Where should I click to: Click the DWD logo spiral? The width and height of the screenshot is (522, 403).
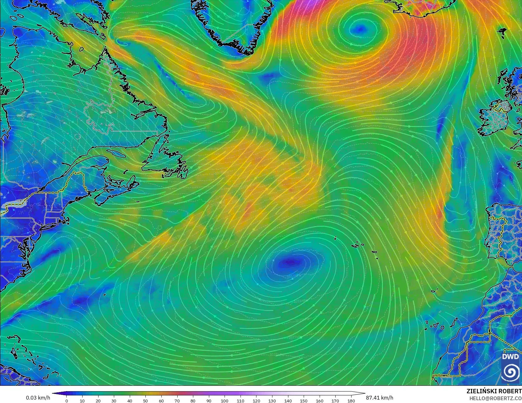(x=511, y=372)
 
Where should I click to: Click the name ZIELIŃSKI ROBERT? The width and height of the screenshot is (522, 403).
(x=494, y=391)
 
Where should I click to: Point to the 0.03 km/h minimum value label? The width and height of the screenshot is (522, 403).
(x=38, y=398)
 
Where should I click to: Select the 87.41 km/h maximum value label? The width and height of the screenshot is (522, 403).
(x=379, y=398)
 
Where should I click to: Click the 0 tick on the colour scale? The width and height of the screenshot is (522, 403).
(x=67, y=400)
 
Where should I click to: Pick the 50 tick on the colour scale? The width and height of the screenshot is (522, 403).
(x=145, y=400)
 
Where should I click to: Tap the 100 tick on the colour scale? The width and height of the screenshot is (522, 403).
(x=225, y=400)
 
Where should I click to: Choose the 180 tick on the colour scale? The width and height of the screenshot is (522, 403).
(x=351, y=400)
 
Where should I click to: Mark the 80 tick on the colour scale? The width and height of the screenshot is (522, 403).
(x=193, y=400)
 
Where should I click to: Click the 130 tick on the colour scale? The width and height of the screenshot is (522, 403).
(x=272, y=400)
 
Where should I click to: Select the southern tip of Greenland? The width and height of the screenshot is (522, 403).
(x=247, y=52)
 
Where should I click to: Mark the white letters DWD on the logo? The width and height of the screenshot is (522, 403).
(x=510, y=357)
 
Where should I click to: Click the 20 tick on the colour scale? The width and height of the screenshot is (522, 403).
(x=98, y=400)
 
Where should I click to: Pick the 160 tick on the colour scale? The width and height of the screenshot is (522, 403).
(x=319, y=400)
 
